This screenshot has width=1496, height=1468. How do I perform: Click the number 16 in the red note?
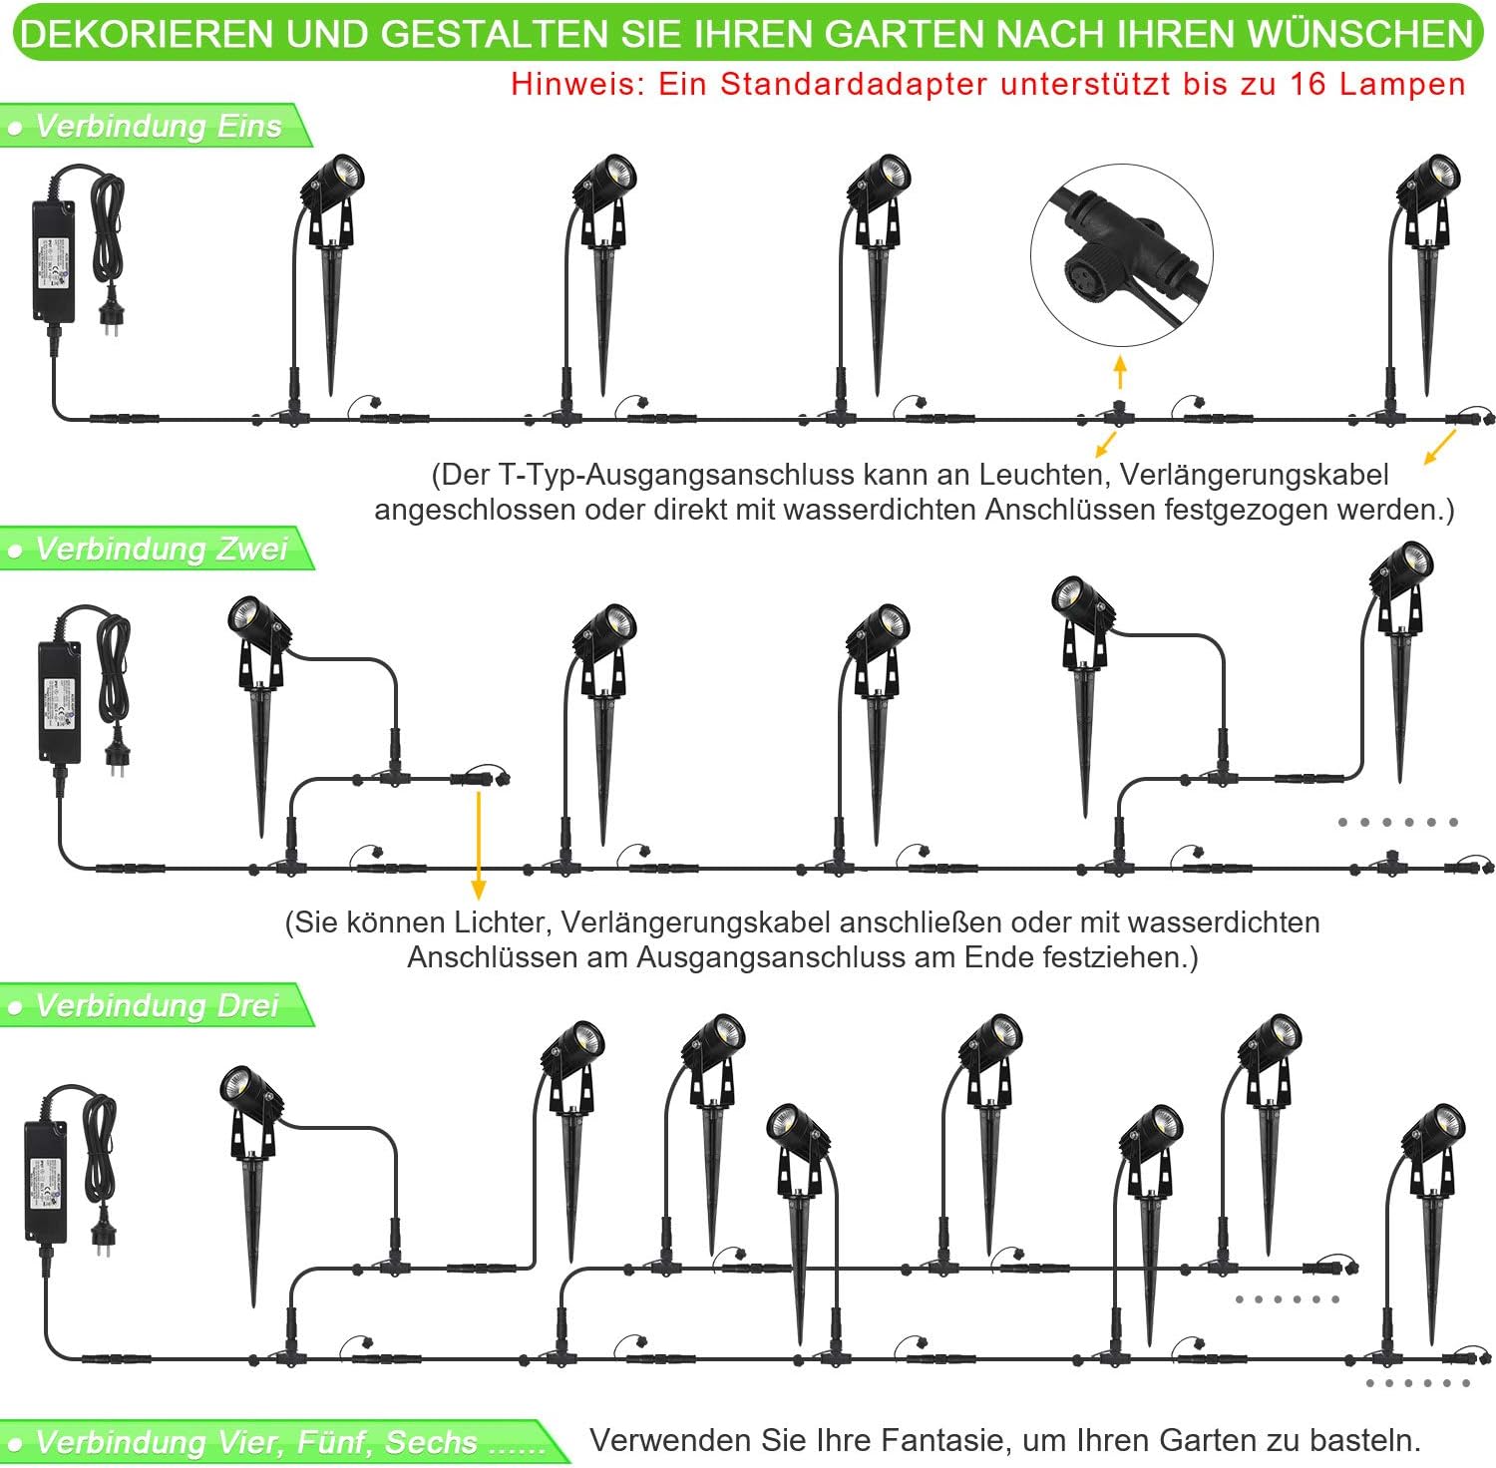(x=1309, y=84)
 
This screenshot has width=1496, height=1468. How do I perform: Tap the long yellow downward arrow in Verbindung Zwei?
(x=479, y=843)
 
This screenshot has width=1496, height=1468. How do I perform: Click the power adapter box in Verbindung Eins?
(x=52, y=261)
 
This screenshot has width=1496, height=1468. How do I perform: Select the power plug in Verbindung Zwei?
(x=116, y=751)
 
